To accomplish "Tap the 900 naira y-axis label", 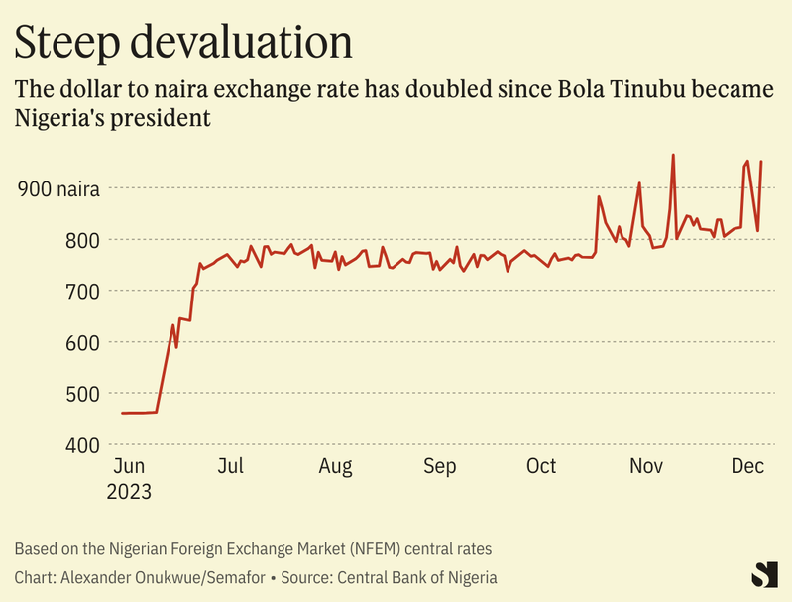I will (58, 188).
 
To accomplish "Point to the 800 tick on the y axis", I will (82, 240).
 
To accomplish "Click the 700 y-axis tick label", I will (82, 292).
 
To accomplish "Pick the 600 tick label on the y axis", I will (82, 343).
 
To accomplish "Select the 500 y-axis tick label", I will (82, 394).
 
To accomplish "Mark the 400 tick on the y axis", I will (82, 445).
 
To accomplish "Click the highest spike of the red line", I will (673, 156).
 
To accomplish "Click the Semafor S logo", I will (763, 574).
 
